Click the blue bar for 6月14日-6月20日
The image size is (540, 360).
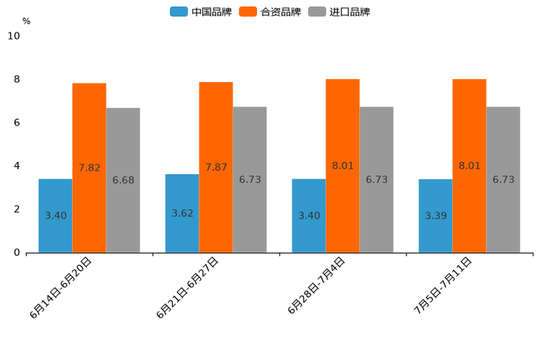55,216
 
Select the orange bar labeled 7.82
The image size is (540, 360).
89,168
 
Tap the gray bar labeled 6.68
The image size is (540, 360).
123,180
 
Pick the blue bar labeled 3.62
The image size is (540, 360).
182,213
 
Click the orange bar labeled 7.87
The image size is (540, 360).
216,167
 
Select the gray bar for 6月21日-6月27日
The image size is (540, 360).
250,179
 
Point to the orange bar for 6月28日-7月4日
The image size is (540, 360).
343,165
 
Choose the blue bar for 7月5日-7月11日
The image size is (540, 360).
435,216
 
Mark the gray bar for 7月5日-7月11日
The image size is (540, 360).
503,179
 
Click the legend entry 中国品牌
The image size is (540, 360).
201,12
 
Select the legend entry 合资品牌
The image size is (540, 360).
270,12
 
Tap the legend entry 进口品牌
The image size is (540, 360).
339,12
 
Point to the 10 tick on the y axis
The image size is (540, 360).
14,36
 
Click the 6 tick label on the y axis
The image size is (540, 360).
17,123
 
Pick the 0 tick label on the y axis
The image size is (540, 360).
17,253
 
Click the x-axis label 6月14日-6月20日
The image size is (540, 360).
61,287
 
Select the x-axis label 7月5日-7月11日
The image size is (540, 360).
443,285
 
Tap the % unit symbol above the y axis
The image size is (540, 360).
26,21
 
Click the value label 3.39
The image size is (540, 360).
436,216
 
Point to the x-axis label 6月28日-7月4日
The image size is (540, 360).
316,285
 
